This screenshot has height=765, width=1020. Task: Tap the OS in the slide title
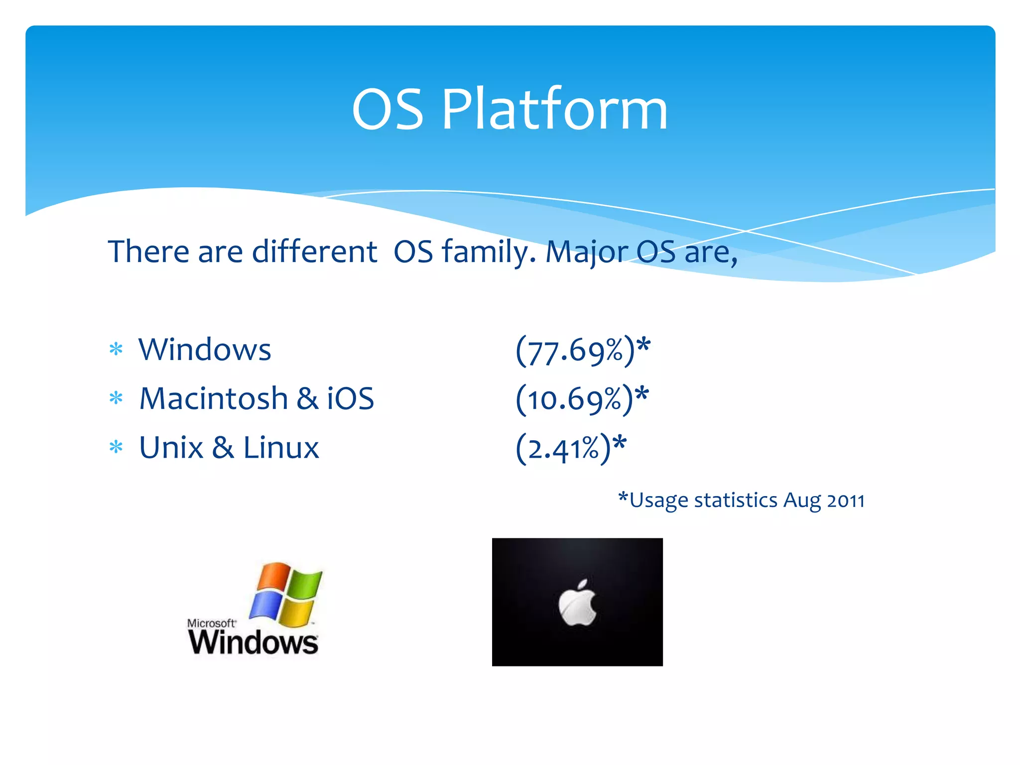[387, 110]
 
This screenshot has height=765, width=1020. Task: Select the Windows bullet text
[205, 350]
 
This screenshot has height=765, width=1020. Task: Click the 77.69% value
[575, 351]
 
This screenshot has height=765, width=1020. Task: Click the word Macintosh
[214, 399]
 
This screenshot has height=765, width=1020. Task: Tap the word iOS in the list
[350, 399]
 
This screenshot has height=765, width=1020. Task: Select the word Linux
[281, 448]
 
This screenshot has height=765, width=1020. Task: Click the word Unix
[171, 448]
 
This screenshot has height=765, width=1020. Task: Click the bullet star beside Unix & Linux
[116, 447]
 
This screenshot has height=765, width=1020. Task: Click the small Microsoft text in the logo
[211, 623]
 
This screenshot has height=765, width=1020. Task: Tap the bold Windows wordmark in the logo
[253, 642]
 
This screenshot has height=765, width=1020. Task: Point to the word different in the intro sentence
[314, 252]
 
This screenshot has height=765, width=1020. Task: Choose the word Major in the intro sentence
[587, 253]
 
